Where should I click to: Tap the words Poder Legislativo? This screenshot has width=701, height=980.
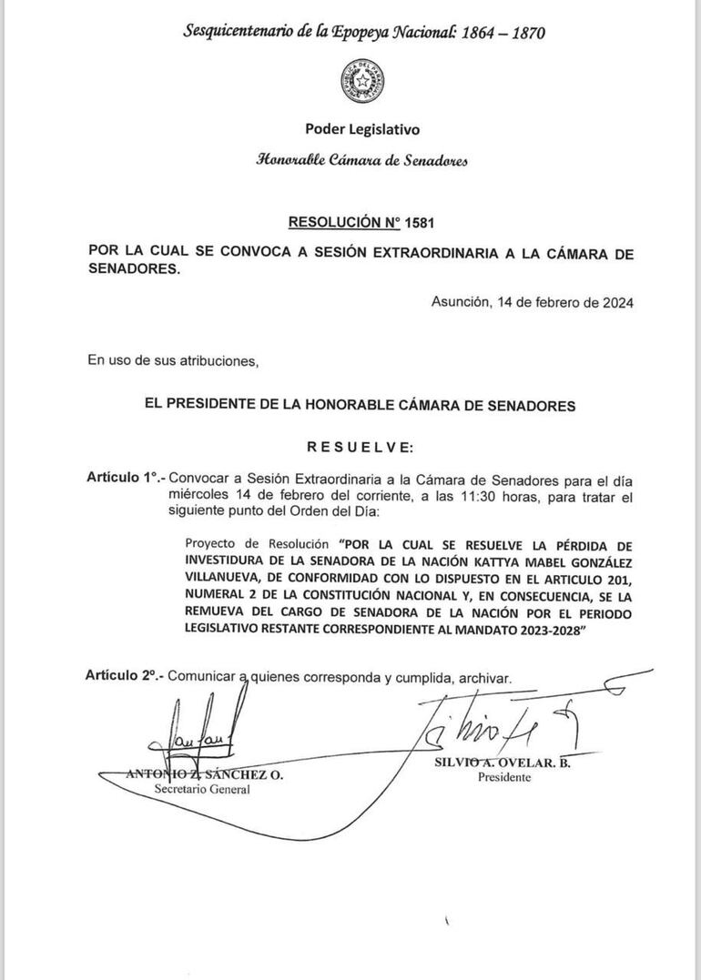(x=363, y=130)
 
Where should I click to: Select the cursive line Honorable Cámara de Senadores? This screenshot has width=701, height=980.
(x=362, y=160)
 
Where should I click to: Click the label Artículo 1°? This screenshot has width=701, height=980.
(x=125, y=476)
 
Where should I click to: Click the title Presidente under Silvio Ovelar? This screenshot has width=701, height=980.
(x=504, y=779)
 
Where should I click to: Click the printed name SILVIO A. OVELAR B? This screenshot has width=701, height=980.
(x=502, y=763)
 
